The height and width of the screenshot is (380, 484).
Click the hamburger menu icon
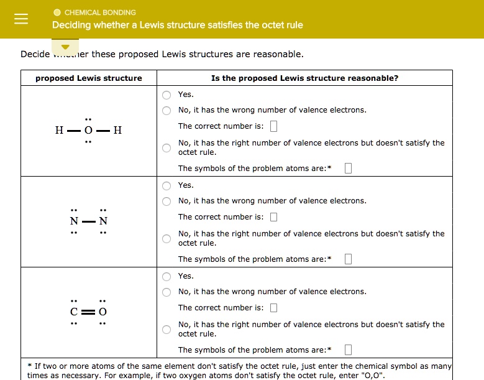pos(21,19)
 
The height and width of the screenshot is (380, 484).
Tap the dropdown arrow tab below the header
pos(65,47)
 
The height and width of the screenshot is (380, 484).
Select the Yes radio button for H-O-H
pos(167,95)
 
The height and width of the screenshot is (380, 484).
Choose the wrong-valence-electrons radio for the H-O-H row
pos(167,111)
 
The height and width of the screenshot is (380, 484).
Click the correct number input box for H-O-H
pos(274,127)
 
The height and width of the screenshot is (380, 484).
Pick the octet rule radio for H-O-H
pos(167,148)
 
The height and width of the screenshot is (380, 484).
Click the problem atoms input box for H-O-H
pos(348,169)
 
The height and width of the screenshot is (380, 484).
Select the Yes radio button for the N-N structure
pos(167,186)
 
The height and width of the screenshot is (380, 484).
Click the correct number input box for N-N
pos(274,218)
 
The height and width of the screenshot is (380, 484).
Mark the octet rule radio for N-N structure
pos(167,239)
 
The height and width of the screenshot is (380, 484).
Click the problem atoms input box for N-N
pos(348,259)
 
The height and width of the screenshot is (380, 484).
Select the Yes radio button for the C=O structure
pos(167,277)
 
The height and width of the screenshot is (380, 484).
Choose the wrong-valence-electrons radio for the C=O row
pos(167,292)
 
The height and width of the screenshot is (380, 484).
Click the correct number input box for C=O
pos(274,308)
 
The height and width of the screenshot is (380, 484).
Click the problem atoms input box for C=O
pos(348,350)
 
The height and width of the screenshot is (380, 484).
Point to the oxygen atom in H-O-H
pos(88,131)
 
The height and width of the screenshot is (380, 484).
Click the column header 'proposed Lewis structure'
pos(88,78)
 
